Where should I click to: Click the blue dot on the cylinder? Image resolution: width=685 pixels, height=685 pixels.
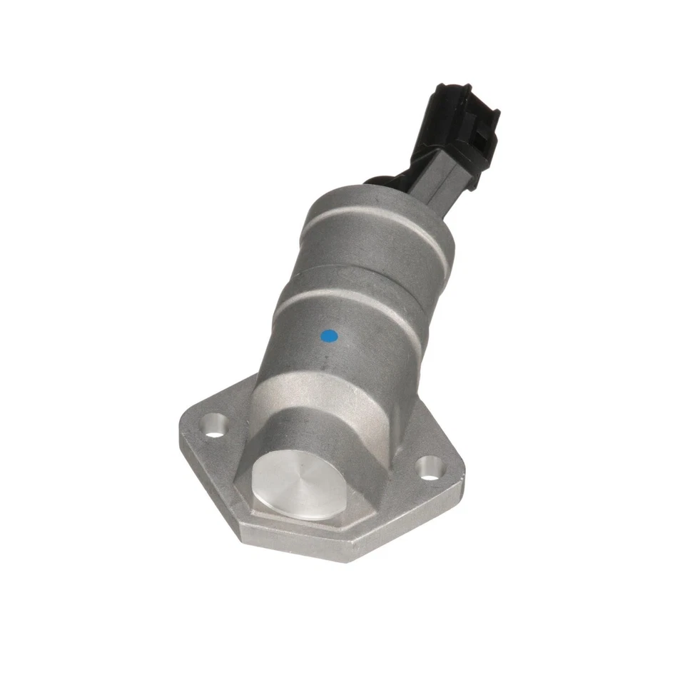pos(329,335)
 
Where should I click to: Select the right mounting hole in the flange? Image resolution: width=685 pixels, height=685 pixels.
pos(428,468)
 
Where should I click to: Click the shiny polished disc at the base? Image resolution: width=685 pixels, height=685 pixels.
pos(299,485)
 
